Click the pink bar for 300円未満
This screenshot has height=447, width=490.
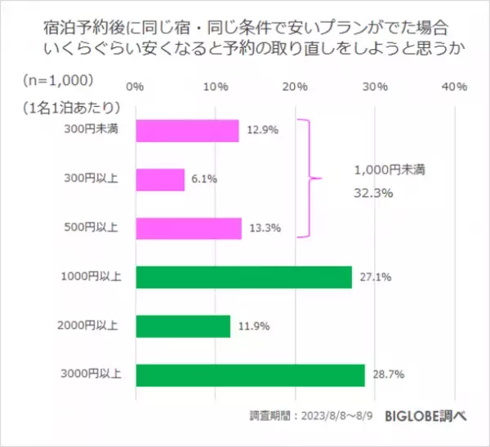(187, 131)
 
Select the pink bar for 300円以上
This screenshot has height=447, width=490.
(160, 179)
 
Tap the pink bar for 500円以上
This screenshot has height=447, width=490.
(189, 228)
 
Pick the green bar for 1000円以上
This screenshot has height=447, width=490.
(243, 277)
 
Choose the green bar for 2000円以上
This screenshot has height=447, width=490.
(183, 326)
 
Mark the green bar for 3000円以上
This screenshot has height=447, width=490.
(250, 375)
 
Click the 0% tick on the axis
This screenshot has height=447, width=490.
(136, 86)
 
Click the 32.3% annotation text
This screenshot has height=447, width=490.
(375, 194)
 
